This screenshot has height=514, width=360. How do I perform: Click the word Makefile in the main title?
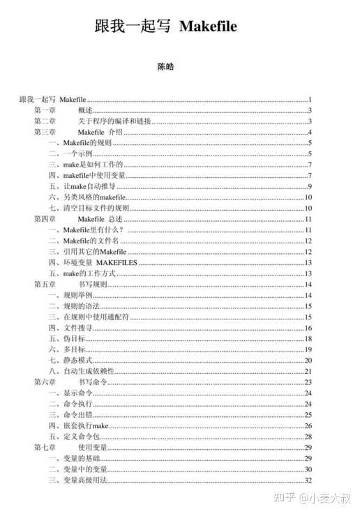coord(208,27)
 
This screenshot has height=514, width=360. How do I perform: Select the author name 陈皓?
coord(166,68)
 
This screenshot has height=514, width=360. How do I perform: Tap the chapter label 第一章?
coord(45,110)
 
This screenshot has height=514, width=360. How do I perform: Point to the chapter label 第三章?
coord(45,133)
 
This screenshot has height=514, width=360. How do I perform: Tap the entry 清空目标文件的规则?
coord(89,208)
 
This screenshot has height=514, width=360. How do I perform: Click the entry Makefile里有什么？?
coord(86,229)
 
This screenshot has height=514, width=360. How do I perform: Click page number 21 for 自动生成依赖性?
coord(308,371)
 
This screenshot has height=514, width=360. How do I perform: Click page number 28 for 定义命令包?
coord(308,436)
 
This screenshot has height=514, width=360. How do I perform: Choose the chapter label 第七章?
coord(45,447)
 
